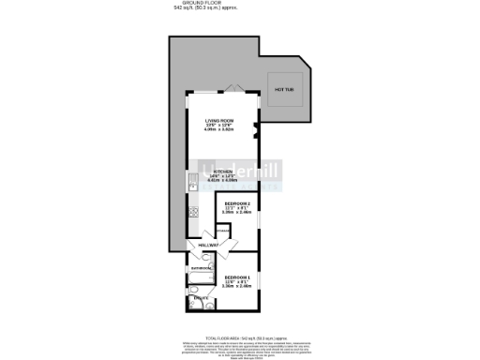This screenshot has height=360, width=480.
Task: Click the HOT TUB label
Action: pyautogui.click(x=284, y=90)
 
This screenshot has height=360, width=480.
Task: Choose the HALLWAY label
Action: pyautogui.click(x=208, y=245)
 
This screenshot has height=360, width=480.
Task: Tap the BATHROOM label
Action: pyautogui.click(x=202, y=268)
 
